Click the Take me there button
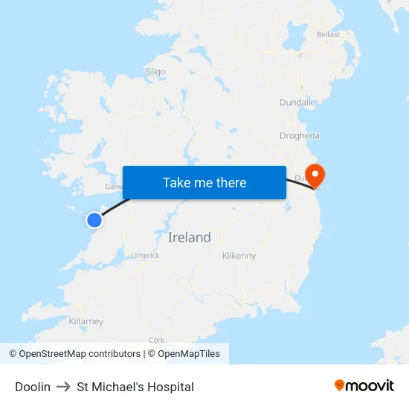coord(204,183)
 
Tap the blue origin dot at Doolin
coord(94,219)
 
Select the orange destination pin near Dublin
coord(316,175)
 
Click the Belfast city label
coord(328,34)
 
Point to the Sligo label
coord(155,71)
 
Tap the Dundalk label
coord(297,102)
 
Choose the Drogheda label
coord(299,135)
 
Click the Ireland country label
coord(189,237)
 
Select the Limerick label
coord(146,255)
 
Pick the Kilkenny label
coord(239,255)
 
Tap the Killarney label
coord(86,321)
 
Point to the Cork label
coord(156,340)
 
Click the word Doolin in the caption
coord(33,387)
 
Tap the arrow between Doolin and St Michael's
coord(63,387)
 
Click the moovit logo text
coord(370,386)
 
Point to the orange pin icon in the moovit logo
coord(340,385)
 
